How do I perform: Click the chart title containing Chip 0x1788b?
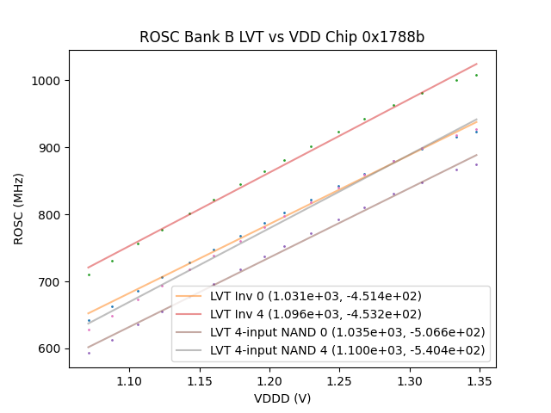click(x=282, y=38)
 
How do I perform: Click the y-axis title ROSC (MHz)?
click(x=19, y=209)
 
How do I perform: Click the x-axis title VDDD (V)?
click(x=282, y=398)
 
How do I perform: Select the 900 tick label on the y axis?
click(x=51, y=148)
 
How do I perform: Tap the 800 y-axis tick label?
click(x=51, y=215)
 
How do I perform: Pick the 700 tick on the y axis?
click(x=51, y=282)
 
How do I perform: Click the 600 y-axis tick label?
click(x=51, y=349)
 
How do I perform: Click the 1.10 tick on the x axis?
click(x=129, y=379)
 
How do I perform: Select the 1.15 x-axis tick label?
click(x=199, y=379)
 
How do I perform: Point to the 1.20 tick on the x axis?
click(x=269, y=379)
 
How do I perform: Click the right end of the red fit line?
click(x=476, y=64)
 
